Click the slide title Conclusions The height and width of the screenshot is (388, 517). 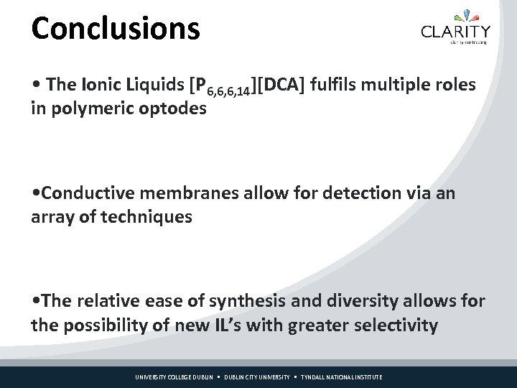click(x=116, y=29)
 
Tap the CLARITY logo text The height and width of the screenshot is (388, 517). click(x=456, y=31)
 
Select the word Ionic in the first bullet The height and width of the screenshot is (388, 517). click(x=103, y=85)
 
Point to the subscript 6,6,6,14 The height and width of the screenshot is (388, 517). click(x=228, y=91)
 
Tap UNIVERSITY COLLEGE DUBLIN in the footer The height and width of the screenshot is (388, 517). click(x=175, y=377)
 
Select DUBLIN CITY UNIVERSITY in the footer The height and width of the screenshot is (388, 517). click(x=256, y=377)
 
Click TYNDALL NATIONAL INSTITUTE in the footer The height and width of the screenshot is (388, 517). click(x=341, y=377)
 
